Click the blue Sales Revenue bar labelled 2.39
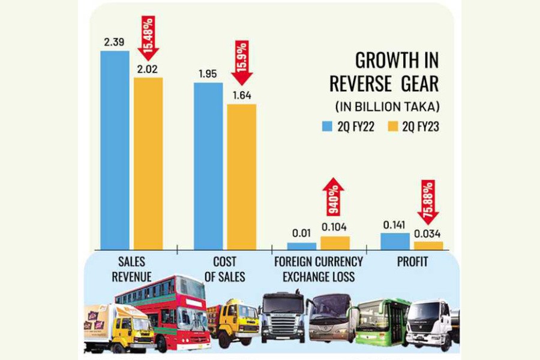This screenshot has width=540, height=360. pyautogui.click(x=115, y=150)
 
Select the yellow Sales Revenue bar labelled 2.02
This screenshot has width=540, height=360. pyautogui.click(x=148, y=163)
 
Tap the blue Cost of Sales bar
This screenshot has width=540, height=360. pyautogui.click(x=208, y=166)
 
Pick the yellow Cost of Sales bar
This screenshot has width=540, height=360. pyautogui.click(x=241, y=176)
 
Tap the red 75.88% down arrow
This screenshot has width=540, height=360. pyautogui.click(x=428, y=200)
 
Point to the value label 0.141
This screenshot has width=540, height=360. pyautogui.click(x=394, y=225)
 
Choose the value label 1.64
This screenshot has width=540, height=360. pyautogui.click(x=241, y=95)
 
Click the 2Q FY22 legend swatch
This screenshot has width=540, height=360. pyautogui.click(x=326, y=126)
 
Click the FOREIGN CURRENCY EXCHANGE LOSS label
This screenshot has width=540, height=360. pyautogui.click(x=319, y=269)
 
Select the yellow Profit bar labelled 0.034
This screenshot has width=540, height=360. pyautogui.click(x=428, y=245)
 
